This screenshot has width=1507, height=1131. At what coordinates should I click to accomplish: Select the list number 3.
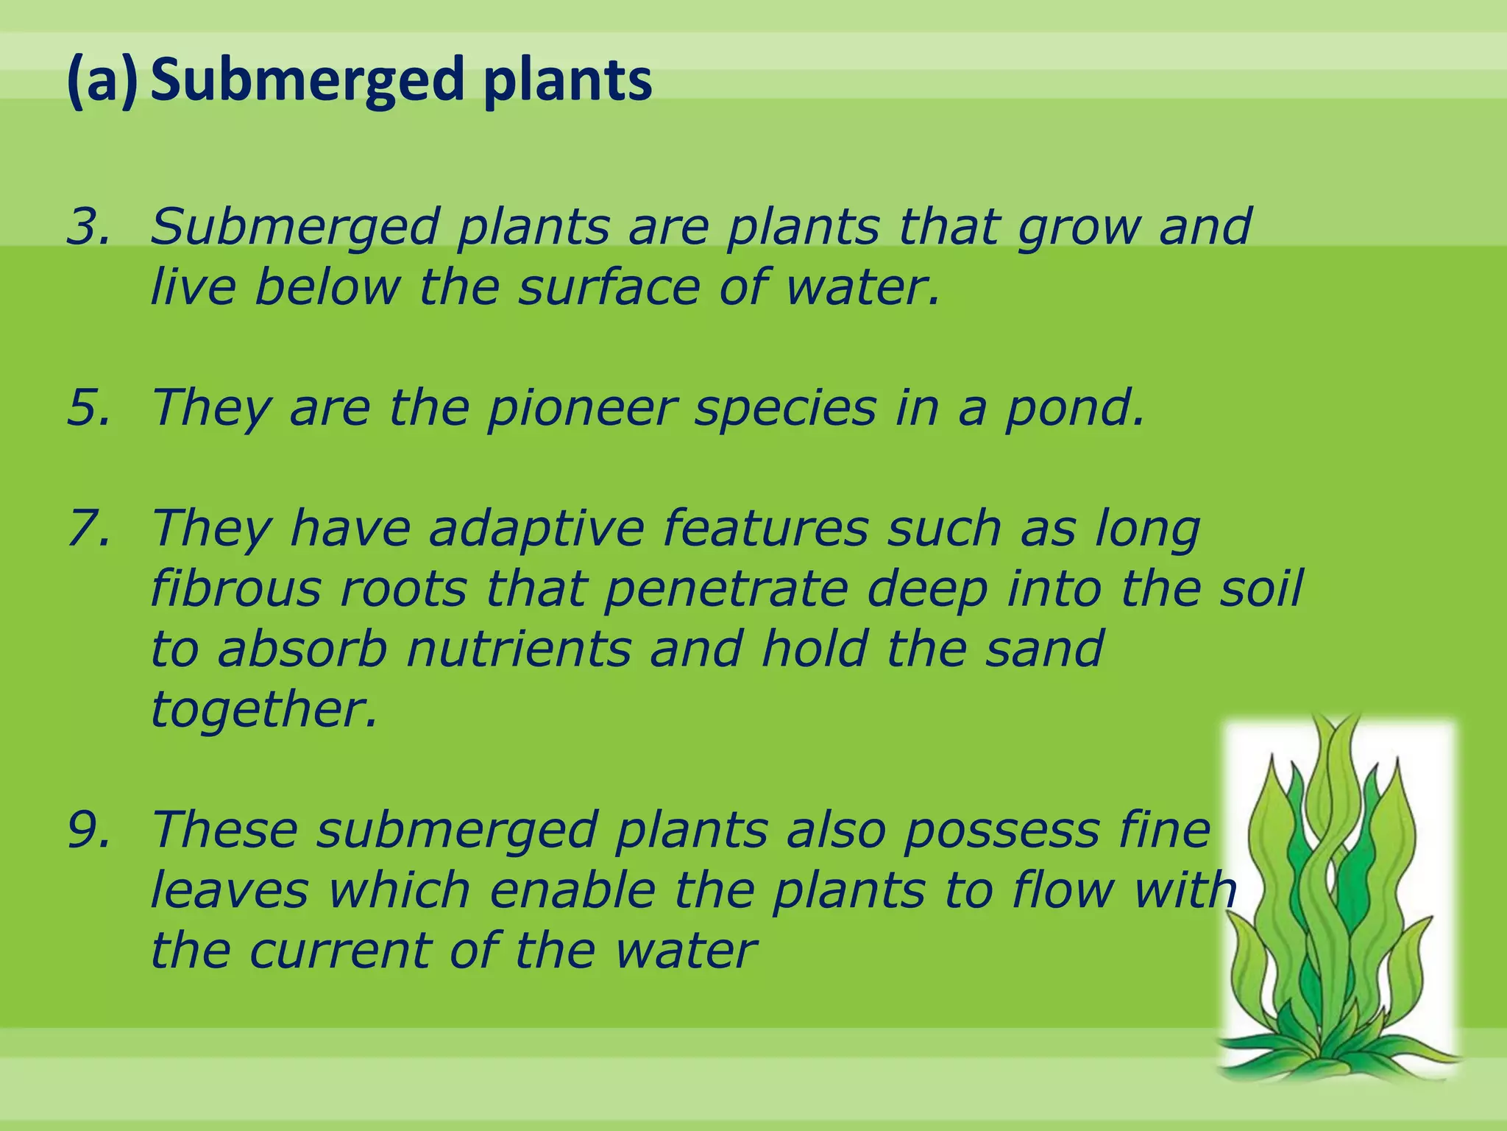click(89, 226)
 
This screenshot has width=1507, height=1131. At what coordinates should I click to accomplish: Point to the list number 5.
click(89, 407)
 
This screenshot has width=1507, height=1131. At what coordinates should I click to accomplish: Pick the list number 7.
click(89, 528)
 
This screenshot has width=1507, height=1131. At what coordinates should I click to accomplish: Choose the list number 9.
click(89, 830)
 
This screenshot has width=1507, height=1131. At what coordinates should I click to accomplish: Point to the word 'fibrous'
click(235, 588)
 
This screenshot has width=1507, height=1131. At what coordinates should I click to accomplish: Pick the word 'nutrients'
click(518, 649)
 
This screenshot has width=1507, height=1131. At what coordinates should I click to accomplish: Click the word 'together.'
click(264, 711)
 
